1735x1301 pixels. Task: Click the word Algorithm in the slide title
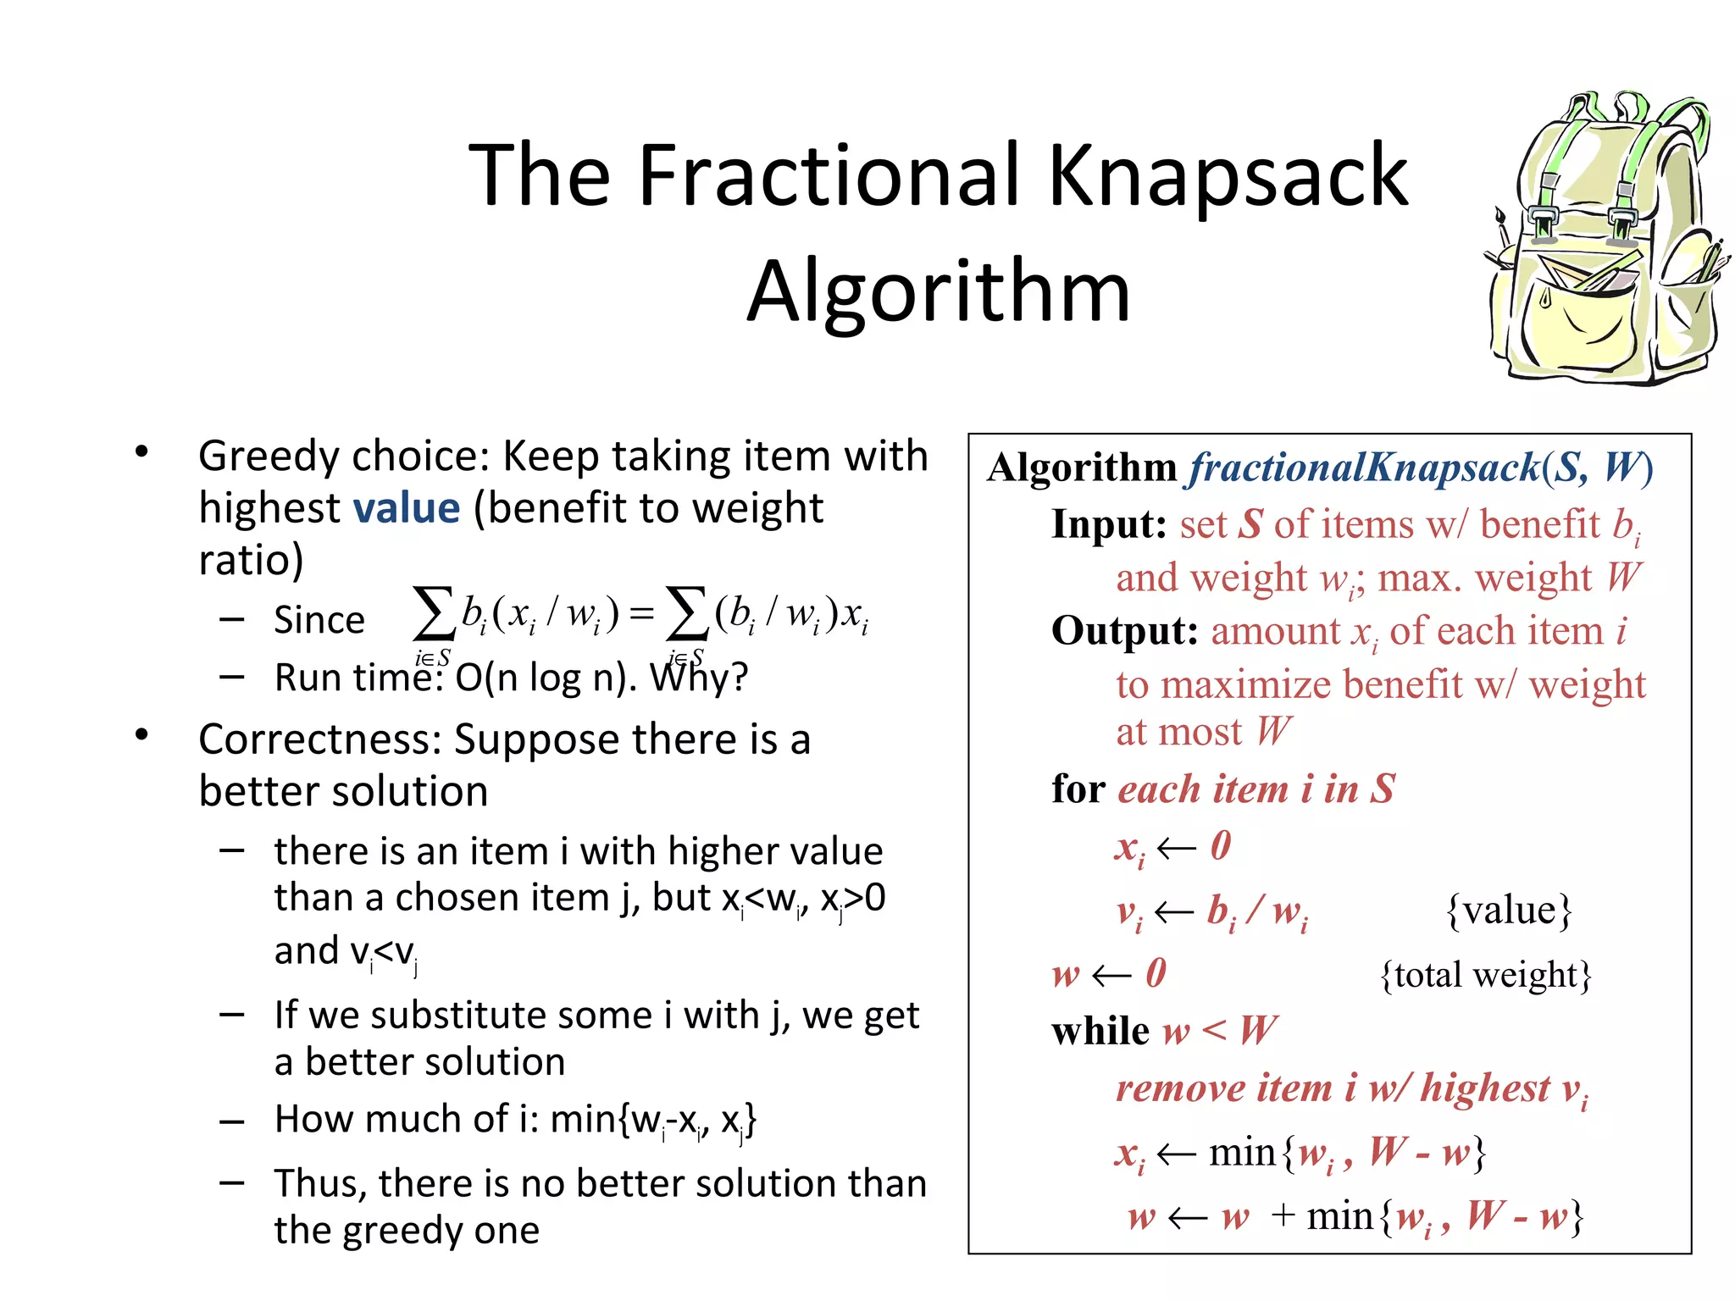tap(939, 292)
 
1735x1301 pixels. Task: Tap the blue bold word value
tap(407, 508)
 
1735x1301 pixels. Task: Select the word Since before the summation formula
tap(319, 621)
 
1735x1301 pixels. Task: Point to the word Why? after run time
tap(699, 678)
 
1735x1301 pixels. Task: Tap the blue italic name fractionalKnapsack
tap(1364, 468)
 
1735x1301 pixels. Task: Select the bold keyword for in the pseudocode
tap(1078, 789)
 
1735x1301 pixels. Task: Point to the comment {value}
tap(1509, 911)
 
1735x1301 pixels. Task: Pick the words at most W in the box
tap(1203, 732)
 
